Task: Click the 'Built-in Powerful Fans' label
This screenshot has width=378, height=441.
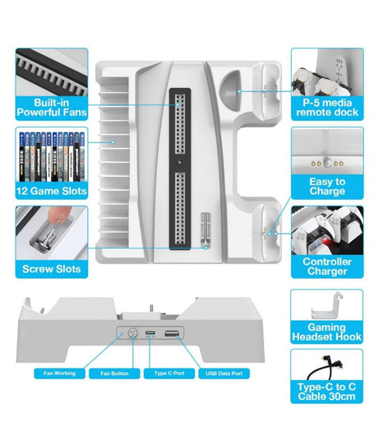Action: coord(52,108)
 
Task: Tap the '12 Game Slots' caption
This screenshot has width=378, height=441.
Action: coord(52,191)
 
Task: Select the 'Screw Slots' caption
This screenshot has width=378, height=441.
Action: coord(52,269)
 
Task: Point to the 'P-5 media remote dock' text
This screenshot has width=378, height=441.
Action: coord(327,108)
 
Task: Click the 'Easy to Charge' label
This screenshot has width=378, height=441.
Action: coord(327,186)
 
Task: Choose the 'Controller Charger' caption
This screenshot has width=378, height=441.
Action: coord(327,267)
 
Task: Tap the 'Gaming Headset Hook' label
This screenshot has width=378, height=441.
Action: coord(326,332)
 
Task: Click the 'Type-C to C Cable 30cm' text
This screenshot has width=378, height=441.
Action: coord(326,392)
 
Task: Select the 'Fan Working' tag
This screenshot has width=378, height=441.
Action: coord(59,374)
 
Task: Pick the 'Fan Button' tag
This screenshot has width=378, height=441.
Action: coord(114,374)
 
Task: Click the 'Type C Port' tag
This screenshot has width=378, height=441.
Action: coord(169,374)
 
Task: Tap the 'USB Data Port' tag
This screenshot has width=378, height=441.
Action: coord(224,374)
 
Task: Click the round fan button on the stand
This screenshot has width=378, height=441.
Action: coord(132,333)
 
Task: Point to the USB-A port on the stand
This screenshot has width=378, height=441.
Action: coord(172,333)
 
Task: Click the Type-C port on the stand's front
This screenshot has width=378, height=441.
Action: coord(150,333)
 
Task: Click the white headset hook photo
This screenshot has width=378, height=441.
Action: coord(326,306)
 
